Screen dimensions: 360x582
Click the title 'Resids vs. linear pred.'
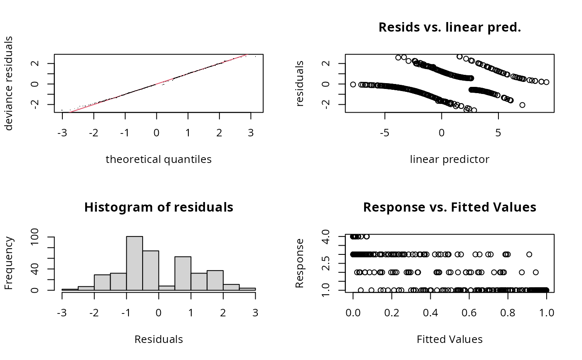click(449, 27)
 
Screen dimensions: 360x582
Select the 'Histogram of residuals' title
click(158, 207)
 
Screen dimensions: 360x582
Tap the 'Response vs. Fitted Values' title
click(449, 207)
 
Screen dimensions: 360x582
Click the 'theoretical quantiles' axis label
click(158, 159)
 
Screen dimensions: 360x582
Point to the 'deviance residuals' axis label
click(9, 83)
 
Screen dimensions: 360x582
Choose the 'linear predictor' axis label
click(449, 159)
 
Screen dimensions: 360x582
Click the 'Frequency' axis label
click(9, 263)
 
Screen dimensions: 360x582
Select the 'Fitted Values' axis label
click(449, 339)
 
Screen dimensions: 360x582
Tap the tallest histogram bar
click(134, 263)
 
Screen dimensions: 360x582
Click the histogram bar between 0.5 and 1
click(182, 274)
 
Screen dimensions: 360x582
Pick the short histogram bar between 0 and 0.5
click(166, 288)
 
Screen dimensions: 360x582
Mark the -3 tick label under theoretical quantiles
click(62, 133)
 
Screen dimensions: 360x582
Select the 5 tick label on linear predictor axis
click(498, 133)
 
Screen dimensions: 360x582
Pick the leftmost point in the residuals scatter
click(353, 84)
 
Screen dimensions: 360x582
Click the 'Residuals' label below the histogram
click(158, 339)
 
